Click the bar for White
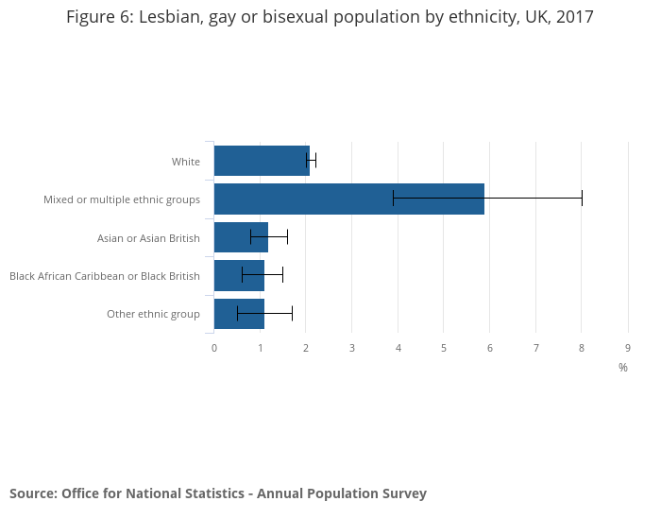tap(262, 161)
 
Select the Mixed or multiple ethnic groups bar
tap(348, 199)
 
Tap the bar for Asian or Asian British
tap(241, 237)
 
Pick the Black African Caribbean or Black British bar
tap(239, 275)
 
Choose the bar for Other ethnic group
tap(239, 313)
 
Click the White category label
tap(186, 162)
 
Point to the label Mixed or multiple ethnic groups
tap(122, 199)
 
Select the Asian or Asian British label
tap(148, 238)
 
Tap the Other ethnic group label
tap(153, 314)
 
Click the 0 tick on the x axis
tap(214, 348)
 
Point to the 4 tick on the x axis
tap(398, 348)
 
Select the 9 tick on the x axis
tap(628, 348)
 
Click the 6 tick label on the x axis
tap(490, 348)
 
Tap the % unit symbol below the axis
tap(623, 368)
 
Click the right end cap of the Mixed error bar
tap(582, 198)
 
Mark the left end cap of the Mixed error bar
tap(393, 198)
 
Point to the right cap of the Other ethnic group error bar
tap(292, 313)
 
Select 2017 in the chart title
tap(575, 17)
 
